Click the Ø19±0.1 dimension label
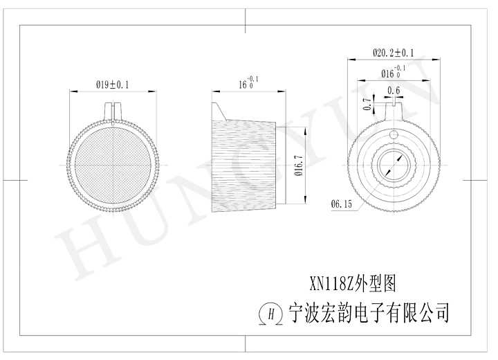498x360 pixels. point(113,84)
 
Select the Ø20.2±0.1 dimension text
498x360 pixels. point(393,53)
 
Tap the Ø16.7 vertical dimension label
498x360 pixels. point(299,165)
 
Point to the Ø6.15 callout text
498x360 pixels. point(342,204)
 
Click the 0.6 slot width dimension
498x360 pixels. point(394,91)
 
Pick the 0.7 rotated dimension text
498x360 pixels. point(367,104)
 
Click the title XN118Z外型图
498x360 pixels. point(353,283)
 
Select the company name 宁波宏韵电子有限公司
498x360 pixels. point(369,312)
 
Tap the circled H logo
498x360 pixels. point(271,314)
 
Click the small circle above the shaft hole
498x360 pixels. point(394,135)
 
